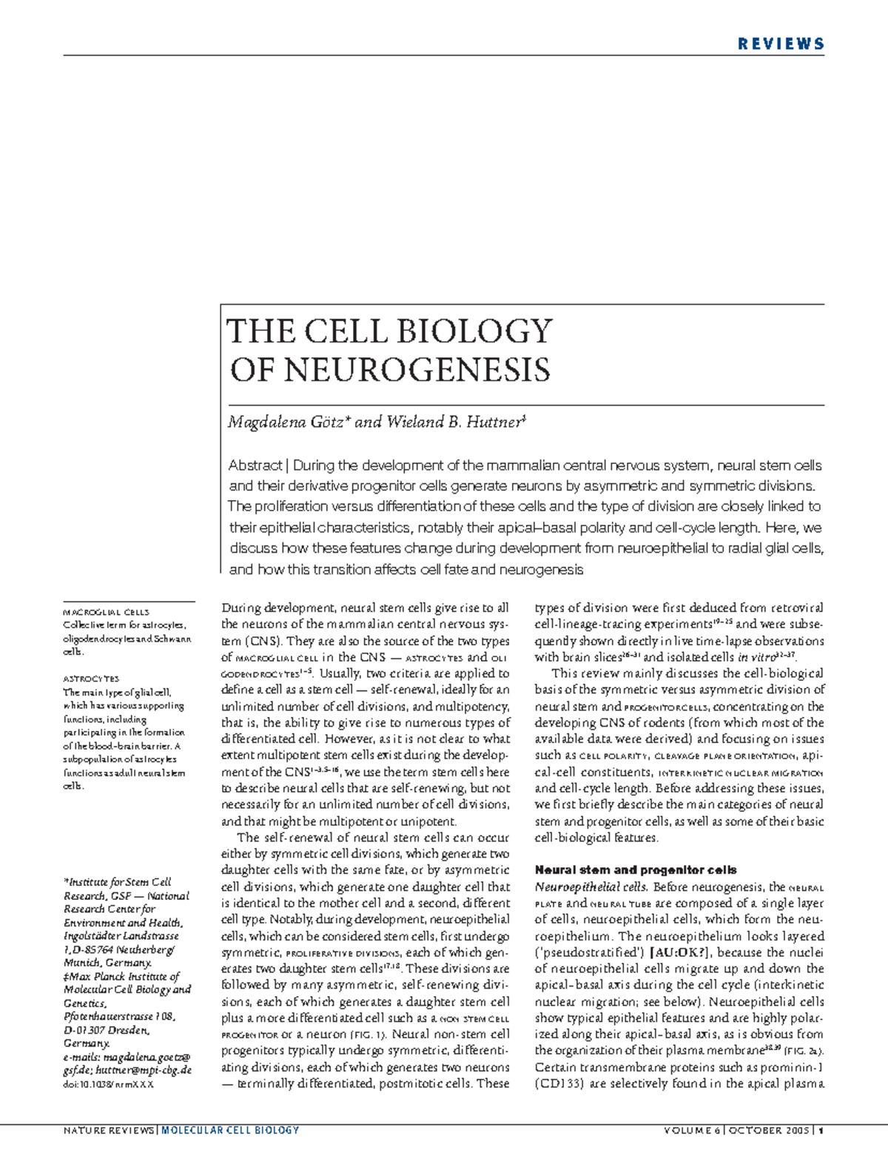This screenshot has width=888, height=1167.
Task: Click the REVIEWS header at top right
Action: point(781,44)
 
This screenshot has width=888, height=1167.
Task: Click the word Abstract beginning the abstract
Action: point(255,465)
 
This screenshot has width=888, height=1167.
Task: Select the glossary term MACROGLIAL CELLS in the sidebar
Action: point(106,612)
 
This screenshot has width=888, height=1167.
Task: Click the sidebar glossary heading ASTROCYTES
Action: point(91,679)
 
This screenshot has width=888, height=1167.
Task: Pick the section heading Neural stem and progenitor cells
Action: point(635,870)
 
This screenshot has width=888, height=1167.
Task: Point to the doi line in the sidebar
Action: point(108,1084)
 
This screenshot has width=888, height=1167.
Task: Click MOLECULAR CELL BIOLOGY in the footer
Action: point(230,1130)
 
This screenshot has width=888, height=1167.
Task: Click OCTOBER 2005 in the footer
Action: point(768,1130)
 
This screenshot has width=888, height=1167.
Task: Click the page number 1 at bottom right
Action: point(821,1130)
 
